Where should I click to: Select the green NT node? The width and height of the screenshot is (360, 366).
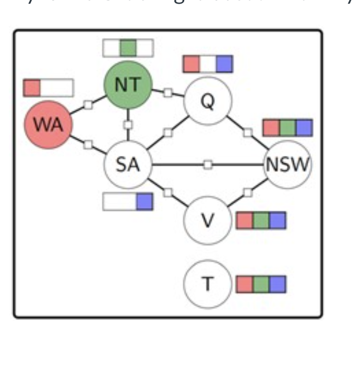[128, 85]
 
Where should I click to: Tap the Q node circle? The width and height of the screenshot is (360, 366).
[207, 101]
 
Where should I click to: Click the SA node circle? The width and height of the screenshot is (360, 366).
[128, 165]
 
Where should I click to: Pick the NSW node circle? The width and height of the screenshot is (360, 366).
[287, 165]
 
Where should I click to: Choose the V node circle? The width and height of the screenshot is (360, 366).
[207, 221]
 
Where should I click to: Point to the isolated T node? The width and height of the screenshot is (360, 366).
[207, 284]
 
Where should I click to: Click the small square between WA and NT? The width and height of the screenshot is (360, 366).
[88, 105]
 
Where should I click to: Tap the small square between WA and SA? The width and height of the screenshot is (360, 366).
[88, 144]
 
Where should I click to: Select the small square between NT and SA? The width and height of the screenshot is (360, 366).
[128, 125]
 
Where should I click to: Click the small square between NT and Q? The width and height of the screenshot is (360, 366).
[167, 93]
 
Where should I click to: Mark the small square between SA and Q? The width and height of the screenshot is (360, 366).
[167, 132]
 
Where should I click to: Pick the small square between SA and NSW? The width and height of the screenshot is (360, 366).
[208, 165]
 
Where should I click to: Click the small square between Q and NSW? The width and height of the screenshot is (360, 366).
[247, 132]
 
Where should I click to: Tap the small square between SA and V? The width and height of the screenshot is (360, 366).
[167, 192]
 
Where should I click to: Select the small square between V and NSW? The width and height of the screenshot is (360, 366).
[247, 192]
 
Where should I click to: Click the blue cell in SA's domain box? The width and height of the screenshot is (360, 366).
[145, 202]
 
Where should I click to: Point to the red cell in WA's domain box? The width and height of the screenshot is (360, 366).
[32, 88]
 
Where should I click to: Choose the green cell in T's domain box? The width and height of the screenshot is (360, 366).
[261, 284]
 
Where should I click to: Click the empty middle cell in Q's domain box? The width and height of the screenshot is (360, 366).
[208, 64]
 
